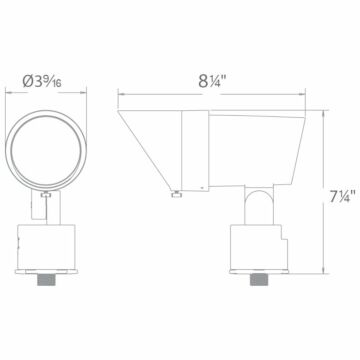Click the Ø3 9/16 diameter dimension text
[x=44, y=59]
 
